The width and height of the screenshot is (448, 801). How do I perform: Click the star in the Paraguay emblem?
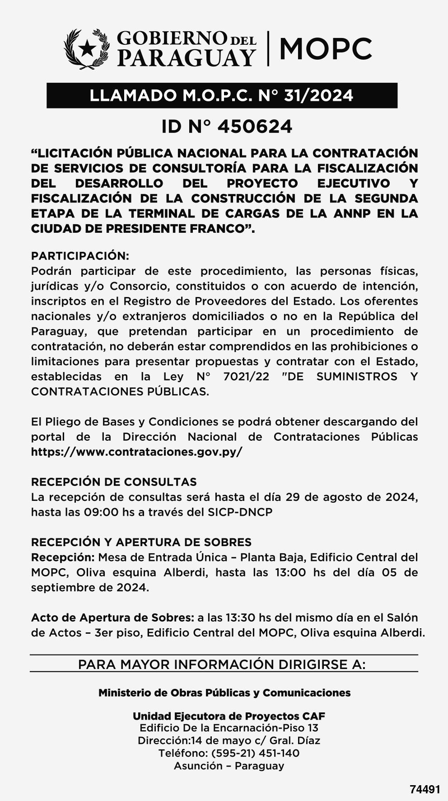pyautogui.click(x=87, y=48)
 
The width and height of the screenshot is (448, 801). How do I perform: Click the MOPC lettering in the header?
pyautogui.click(x=326, y=49)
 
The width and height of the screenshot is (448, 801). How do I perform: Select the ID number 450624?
pyautogui.click(x=255, y=127)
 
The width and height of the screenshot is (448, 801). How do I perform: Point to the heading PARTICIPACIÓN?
pyautogui.click(x=80, y=256)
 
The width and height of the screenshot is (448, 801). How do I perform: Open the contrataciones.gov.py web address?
pyautogui.click(x=136, y=452)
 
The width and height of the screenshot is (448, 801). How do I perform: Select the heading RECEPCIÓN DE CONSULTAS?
pyautogui.click(x=114, y=482)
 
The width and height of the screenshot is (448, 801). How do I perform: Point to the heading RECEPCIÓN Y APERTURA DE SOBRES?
pyautogui.click(x=141, y=542)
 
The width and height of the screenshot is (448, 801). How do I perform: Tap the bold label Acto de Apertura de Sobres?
pyautogui.click(x=113, y=617)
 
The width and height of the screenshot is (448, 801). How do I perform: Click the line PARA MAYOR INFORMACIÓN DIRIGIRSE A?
pyautogui.click(x=222, y=664)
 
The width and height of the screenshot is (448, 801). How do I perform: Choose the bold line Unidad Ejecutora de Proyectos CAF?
pyautogui.click(x=229, y=716)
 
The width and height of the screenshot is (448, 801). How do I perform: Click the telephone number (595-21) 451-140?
pyautogui.click(x=255, y=753)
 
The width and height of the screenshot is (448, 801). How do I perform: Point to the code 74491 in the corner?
pyautogui.click(x=425, y=789)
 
